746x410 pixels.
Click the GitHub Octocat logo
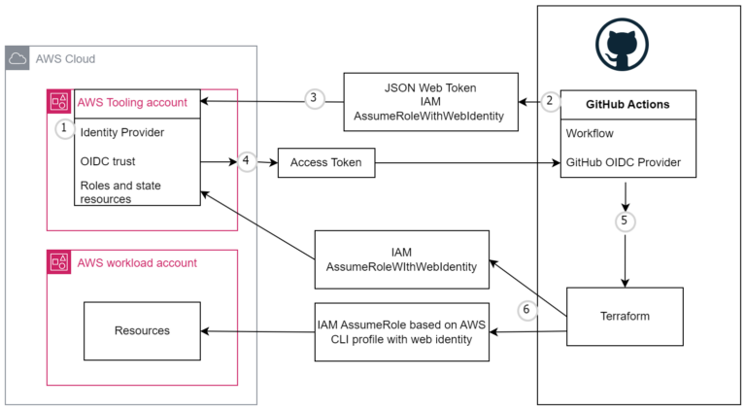[622, 45]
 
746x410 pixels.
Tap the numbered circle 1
[65, 128]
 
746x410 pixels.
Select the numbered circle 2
[550, 101]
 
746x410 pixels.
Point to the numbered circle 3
[314, 98]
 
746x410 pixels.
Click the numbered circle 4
[246, 160]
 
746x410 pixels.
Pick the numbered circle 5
[625, 222]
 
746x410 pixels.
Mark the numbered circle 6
[526, 310]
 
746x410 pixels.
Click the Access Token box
[326, 162]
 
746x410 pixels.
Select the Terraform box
[625, 317]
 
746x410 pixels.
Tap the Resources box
[142, 331]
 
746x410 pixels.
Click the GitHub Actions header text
[627, 105]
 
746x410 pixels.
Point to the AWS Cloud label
[66, 59]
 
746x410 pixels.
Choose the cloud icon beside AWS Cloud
[17, 58]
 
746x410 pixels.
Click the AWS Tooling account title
[132, 102]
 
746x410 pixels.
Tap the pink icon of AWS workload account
[59, 262]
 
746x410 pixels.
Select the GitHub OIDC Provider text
[624, 162]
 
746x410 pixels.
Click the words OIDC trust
[108, 161]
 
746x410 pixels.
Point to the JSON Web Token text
[430, 88]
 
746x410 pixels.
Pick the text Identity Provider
[122, 133]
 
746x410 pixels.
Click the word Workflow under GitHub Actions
[590, 134]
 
